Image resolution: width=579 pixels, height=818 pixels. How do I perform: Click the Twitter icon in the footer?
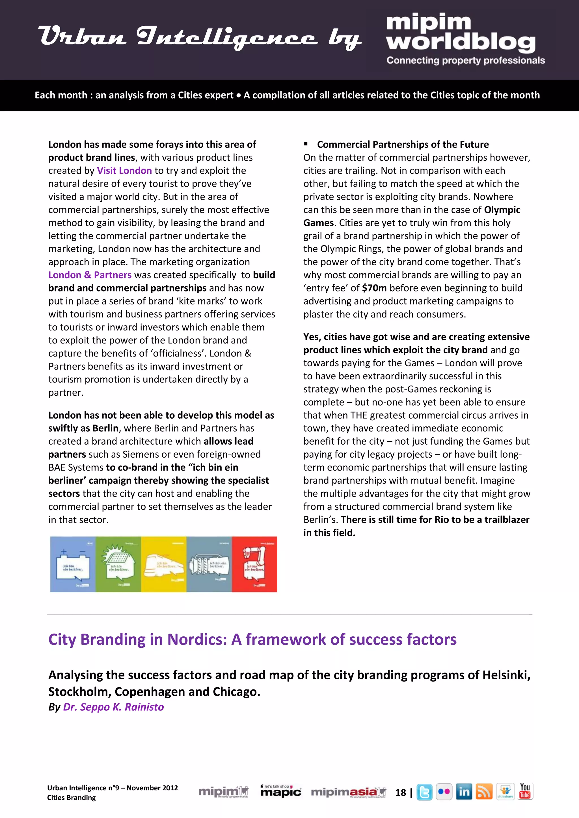click(424, 792)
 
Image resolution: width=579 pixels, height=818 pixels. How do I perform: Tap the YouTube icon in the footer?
click(525, 791)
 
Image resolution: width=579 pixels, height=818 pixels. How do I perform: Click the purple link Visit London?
click(124, 171)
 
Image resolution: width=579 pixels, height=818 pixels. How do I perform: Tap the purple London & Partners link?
click(90, 275)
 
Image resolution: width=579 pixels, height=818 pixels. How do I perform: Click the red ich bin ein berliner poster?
click(254, 564)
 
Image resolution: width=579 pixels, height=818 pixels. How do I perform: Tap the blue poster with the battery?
click(73, 564)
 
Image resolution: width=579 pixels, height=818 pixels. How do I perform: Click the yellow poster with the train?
click(164, 564)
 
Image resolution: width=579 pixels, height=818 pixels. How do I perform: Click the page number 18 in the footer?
click(400, 792)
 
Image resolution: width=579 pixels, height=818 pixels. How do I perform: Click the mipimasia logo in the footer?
click(348, 792)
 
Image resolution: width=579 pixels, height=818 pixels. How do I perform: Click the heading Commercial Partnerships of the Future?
click(403, 144)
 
